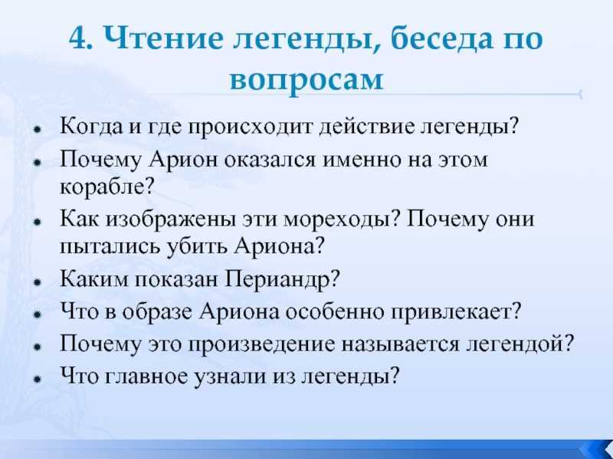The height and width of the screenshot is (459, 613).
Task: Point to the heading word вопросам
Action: [306, 80]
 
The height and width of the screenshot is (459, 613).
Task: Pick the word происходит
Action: [251, 127]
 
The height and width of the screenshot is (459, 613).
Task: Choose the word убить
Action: [198, 246]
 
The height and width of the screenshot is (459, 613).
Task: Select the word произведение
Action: [261, 345]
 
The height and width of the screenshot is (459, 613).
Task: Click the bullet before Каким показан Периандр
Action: [38, 282]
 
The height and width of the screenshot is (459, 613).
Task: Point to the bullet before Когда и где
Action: [38, 128]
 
